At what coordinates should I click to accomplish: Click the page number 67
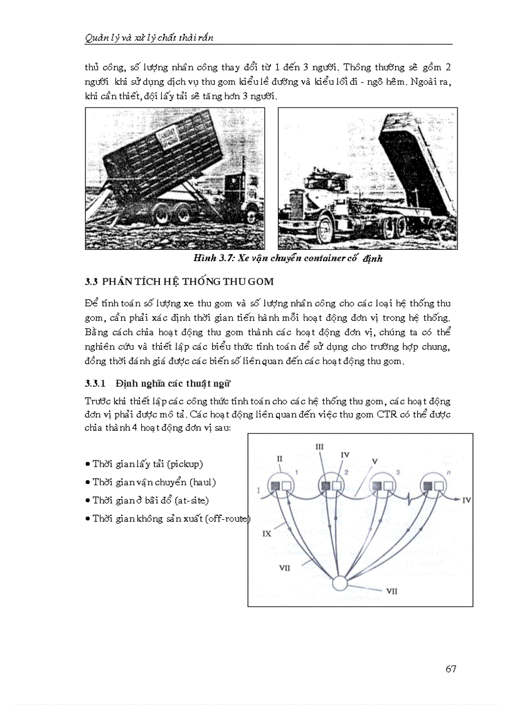click(451, 669)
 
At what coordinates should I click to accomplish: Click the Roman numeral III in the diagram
click(319, 446)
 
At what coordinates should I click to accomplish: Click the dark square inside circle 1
click(275, 485)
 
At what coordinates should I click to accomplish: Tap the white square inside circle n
click(439, 485)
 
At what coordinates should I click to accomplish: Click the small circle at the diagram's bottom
click(339, 583)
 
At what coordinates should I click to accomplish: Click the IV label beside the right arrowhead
click(466, 500)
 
